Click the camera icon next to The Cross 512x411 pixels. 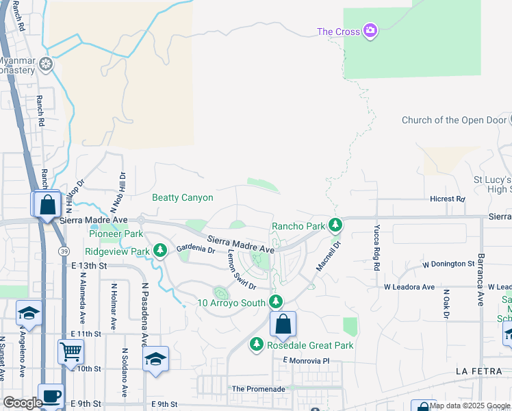point(370,31)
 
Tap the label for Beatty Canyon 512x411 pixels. point(182,198)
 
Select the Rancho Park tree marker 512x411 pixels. point(335,225)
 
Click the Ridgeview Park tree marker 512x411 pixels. point(160,251)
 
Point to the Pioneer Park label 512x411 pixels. point(115,234)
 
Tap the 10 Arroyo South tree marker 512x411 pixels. point(276,301)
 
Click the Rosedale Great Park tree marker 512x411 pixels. point(257,345)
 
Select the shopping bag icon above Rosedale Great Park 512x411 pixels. point(283,325)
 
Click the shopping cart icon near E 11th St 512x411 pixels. point(71,352)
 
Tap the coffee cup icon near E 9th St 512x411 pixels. point(51,397)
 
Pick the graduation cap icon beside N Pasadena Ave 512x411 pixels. point(155,359)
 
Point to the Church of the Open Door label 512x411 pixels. point(454,121)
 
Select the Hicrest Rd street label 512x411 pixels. point(448,199)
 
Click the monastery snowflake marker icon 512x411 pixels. point(46,65)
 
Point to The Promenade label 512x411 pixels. point(258,389)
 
